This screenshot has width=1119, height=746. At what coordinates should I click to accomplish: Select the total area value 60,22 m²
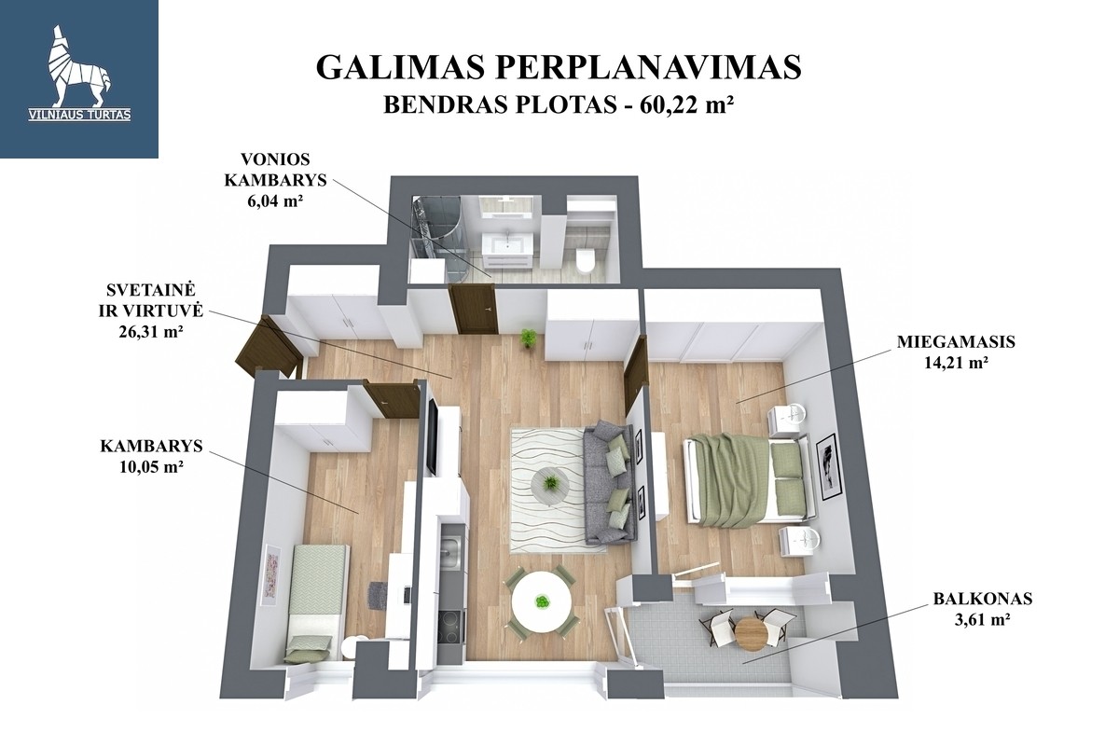point(683,105)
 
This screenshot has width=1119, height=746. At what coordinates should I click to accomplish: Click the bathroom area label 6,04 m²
point(275,200)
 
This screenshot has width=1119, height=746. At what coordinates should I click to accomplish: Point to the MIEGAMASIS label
point(956,342)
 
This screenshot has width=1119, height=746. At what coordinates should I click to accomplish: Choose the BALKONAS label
point(983,598)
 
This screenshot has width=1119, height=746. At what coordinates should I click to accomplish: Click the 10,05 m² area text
point(151,466)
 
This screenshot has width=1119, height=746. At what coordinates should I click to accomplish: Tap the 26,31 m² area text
point(150,331)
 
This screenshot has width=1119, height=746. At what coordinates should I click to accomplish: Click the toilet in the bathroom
point(585,259)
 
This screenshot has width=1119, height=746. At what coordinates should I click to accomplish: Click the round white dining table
point(542,602)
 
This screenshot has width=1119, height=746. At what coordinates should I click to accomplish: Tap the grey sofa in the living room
point(611,483)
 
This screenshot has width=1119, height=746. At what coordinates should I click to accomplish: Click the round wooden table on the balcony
point(751,633)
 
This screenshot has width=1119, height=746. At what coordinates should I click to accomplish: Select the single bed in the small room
point(315,602)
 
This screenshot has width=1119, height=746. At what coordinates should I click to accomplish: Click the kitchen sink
point(452,552)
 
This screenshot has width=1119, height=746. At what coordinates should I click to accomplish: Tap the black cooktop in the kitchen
point(450,626)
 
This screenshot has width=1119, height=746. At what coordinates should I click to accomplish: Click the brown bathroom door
point(474,309)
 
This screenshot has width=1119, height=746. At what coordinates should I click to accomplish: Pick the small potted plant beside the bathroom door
point(527,339)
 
